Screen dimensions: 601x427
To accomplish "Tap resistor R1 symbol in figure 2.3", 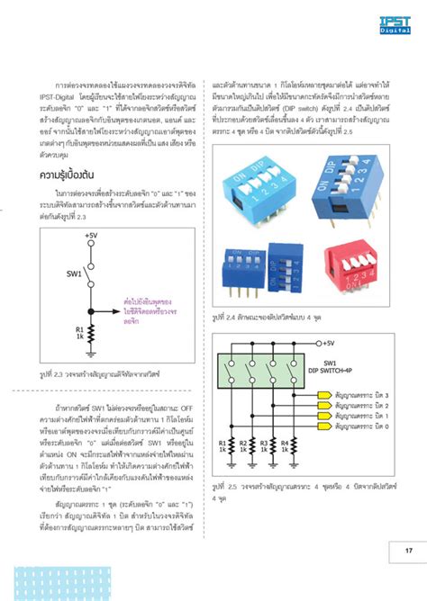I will (91, 334).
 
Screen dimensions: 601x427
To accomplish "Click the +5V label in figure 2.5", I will (323, 343).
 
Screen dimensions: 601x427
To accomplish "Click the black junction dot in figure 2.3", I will (91, 311).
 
